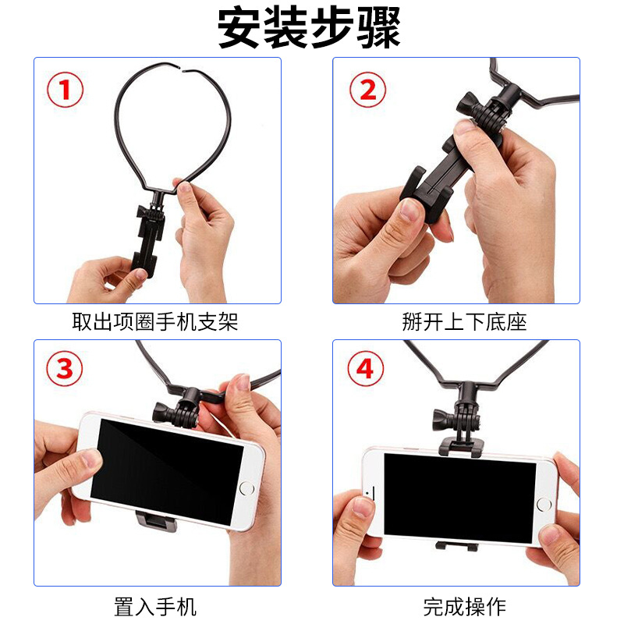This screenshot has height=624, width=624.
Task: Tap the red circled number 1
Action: click(x=65, y=90)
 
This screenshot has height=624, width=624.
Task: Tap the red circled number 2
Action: click(x=367, y=90)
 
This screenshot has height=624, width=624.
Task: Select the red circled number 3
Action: click(x=65, y=369)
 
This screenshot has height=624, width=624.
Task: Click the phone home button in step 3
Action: click(x=246, y=488)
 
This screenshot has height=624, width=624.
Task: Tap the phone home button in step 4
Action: click(x=543, y=504)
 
